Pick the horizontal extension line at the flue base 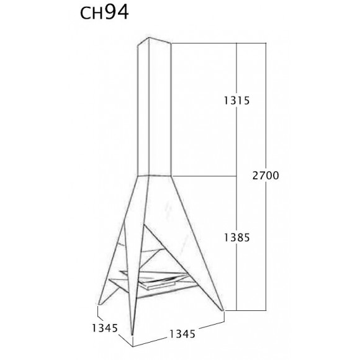coord(205,176)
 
